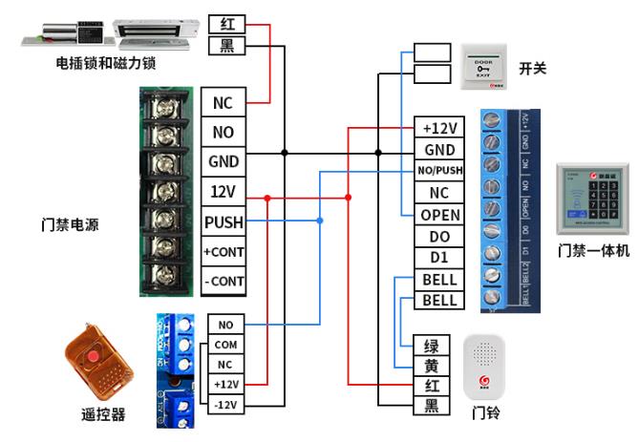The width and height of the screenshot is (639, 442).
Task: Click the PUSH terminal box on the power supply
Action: [223, 222]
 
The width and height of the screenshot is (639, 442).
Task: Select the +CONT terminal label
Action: [223, 252]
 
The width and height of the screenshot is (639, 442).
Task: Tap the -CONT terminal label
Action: [223, 282]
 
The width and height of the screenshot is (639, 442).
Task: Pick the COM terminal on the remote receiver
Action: [225, 345]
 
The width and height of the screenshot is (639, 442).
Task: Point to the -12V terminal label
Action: [225, 404]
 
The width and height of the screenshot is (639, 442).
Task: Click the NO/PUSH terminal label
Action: [439, 171]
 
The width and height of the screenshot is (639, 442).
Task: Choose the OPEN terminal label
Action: [439, 215]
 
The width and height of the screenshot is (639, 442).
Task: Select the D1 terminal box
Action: [439, 258]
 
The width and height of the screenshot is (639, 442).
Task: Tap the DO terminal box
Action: [439, 236]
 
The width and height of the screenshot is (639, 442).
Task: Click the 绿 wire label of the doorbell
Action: [432, 345]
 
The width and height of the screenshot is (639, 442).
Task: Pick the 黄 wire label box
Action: [432, 366]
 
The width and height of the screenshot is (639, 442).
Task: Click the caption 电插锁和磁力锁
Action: [106, 63]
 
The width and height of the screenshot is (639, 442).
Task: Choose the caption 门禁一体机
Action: [593, 251]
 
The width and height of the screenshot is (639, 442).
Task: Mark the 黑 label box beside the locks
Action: [227, 46]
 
